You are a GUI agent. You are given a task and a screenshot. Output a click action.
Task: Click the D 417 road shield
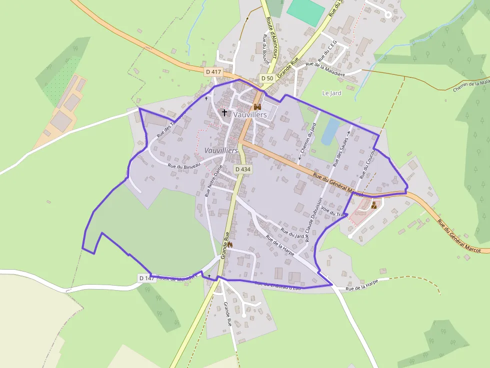point(213,72)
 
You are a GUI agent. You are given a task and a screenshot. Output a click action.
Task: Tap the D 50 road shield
point(267,78)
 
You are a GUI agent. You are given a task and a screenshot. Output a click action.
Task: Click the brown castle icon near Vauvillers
point(257,107)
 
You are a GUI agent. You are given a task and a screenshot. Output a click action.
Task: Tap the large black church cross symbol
point(224,112)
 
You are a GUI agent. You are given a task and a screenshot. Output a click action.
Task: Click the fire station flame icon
point(230,244)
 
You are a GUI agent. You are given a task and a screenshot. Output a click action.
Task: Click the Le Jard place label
point(331,93)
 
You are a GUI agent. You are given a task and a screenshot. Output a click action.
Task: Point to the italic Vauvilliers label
point(221,150)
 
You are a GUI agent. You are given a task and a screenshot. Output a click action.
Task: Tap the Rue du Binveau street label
point(184,165)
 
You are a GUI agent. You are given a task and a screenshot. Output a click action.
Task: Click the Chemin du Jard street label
point(308,141)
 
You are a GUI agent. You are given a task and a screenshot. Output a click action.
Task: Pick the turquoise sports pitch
point(305,12)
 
